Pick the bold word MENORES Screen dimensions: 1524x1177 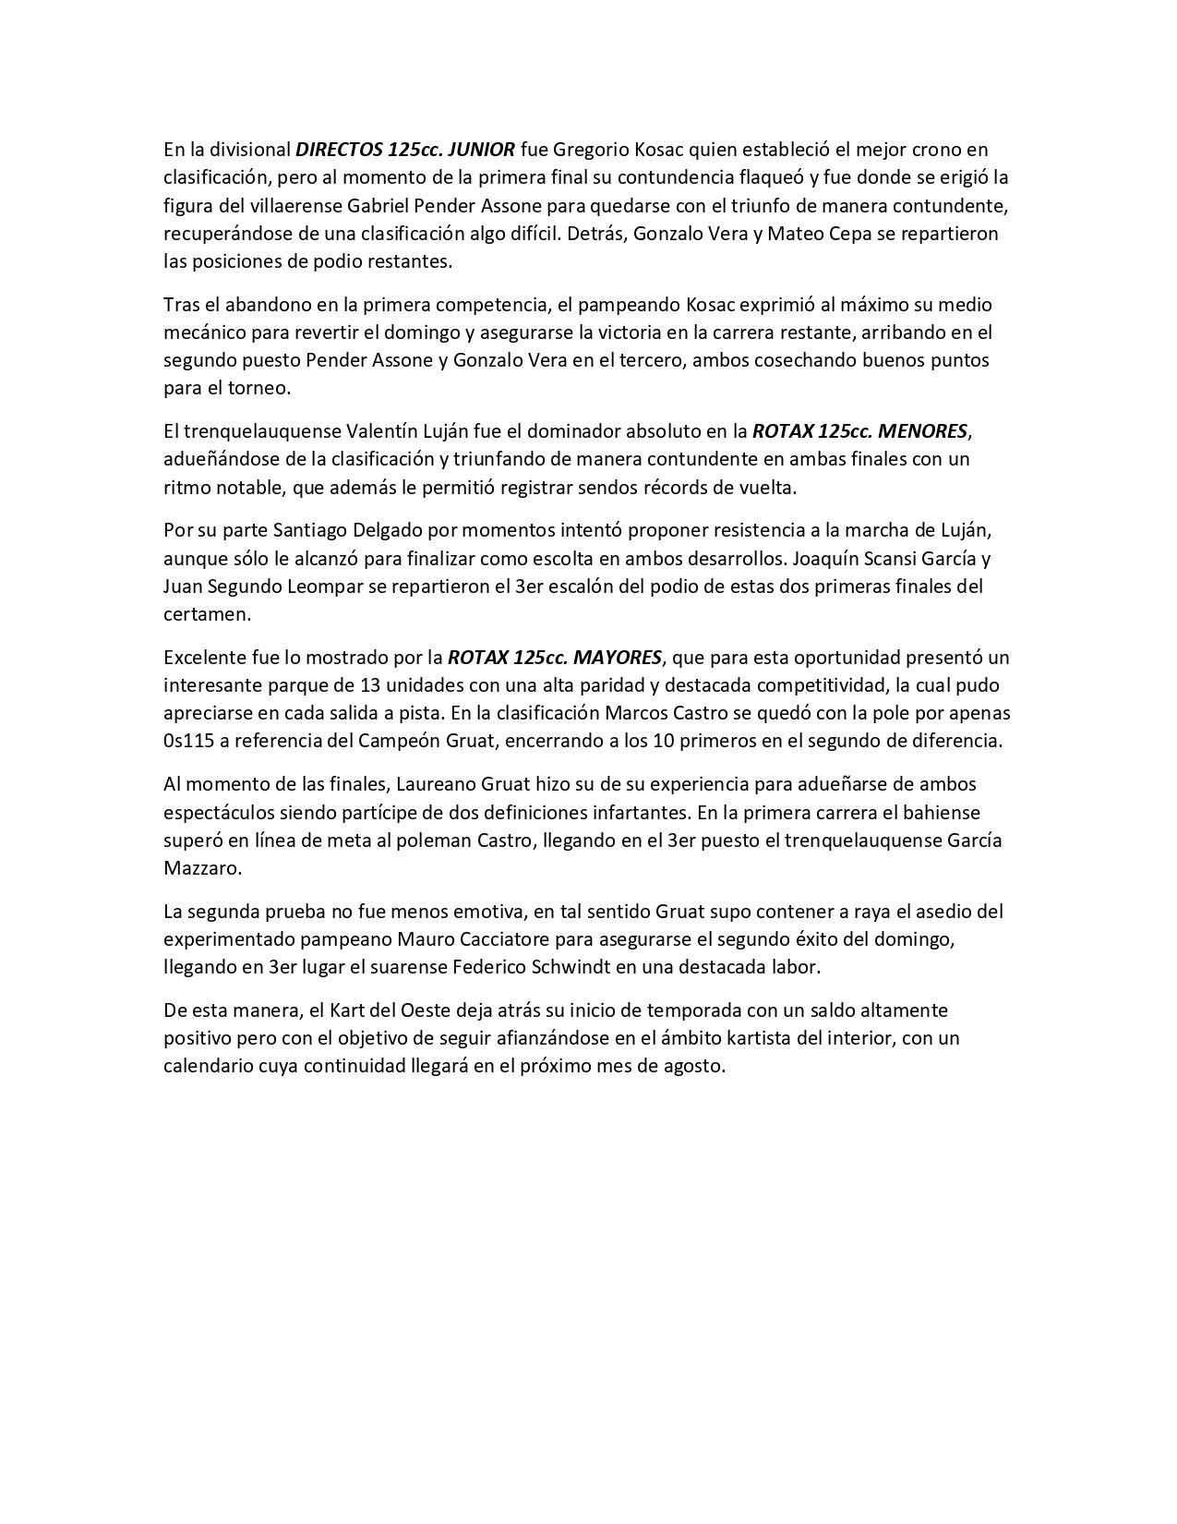[x=923, y=431]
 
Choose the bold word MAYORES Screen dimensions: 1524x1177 [x=618, y=658]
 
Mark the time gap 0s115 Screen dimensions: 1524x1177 [x=192, y=741]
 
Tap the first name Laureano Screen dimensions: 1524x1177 [x=438, y=784]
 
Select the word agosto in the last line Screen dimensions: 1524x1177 [x=691, y=1066]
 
